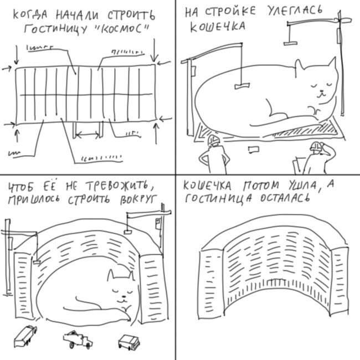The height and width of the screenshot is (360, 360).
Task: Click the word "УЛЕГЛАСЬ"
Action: [308, 12]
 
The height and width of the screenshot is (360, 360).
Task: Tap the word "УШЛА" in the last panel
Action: [302, 186]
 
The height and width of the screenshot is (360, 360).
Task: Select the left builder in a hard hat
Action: [212, 155]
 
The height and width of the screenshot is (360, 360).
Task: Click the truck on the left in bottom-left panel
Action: [25, 335]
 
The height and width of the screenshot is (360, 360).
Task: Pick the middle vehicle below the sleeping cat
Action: [77, 338]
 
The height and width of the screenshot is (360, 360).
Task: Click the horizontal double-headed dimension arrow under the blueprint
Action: [88, 133]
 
